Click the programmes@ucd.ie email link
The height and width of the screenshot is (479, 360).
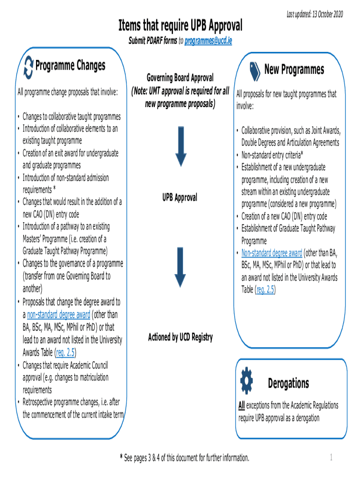click(208, 41)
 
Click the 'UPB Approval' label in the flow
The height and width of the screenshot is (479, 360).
click(180, 198)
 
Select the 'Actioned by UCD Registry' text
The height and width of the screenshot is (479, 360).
click(180, 337)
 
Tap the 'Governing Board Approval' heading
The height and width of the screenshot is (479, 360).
click(180, 78)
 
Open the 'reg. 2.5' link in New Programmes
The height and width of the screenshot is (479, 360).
click(265, 290)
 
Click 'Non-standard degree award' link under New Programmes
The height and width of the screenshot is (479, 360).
click(272, 254)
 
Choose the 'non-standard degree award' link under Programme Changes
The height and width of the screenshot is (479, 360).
click(58, 314)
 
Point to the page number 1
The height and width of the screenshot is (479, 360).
click(331, 457)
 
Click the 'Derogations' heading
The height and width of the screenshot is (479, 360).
click(288, 384)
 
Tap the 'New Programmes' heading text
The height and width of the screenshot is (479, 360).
click(294, 70)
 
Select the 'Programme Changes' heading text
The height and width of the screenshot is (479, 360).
click(70, 65)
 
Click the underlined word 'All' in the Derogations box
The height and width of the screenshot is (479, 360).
click(241, 405)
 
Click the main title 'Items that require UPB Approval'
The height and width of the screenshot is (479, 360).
click(180, 24)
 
